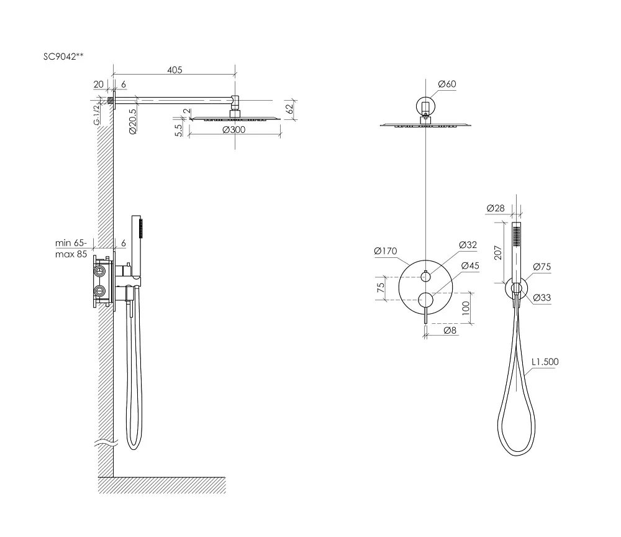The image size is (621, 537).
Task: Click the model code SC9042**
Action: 63,57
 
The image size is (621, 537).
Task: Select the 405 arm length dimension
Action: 175,70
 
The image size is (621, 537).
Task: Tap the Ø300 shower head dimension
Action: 233,130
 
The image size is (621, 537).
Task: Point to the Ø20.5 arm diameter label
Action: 133,122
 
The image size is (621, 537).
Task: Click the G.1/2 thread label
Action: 97,115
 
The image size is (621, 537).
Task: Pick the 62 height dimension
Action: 290,108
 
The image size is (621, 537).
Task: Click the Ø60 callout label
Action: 447,84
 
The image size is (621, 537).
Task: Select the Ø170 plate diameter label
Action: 386,251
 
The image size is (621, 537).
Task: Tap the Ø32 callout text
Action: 468,244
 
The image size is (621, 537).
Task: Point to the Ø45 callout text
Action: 471,265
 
